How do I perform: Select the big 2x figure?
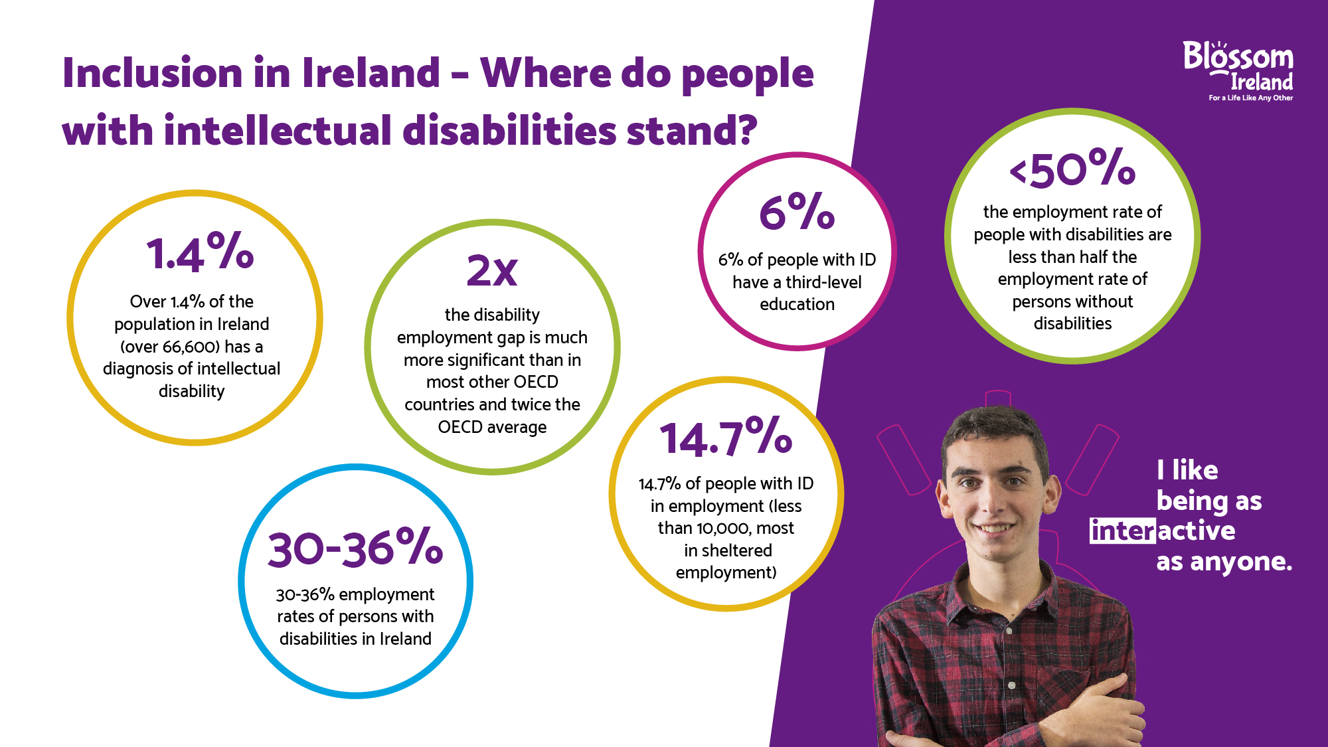[492, 271]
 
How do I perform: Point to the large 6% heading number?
[797, 212]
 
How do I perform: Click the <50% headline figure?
[1072, 169]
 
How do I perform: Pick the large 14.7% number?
[726, 438]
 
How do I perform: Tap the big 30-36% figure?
[355, 549]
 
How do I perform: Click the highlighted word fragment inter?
[1122, 531]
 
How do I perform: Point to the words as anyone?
[1224, 562]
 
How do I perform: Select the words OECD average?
[492, 427]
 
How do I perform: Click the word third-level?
[823, 282]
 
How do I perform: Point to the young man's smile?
[993, 529]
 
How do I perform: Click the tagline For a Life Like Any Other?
[1250, 98]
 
